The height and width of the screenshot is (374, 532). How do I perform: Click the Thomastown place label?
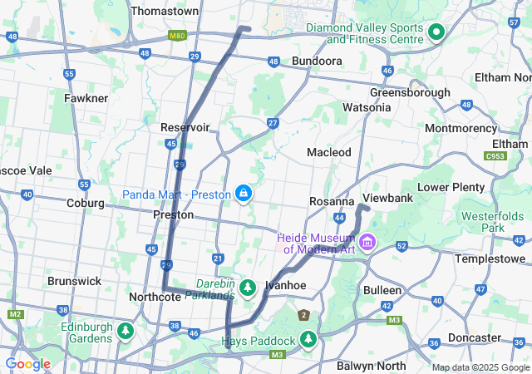point(165,12)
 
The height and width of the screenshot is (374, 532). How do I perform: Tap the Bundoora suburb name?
point(317,62)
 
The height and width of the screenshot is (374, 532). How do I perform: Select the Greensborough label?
point(410,92)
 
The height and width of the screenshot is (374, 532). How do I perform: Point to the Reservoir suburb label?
point(185,127)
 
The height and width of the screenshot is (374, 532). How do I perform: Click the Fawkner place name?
point(86,98)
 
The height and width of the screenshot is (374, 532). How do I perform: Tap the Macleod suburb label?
point(328,152)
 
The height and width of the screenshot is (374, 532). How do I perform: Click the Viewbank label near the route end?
point(387,199)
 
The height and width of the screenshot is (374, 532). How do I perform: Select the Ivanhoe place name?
point(285,285)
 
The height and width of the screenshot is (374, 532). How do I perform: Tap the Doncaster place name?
point(475,337)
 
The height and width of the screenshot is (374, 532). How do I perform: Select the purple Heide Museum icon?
point(367,243)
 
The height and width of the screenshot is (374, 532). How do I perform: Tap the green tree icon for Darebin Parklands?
point(247,288)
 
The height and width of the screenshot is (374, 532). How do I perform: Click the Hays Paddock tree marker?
point(308,340)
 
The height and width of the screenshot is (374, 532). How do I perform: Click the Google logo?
point(27,364)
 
